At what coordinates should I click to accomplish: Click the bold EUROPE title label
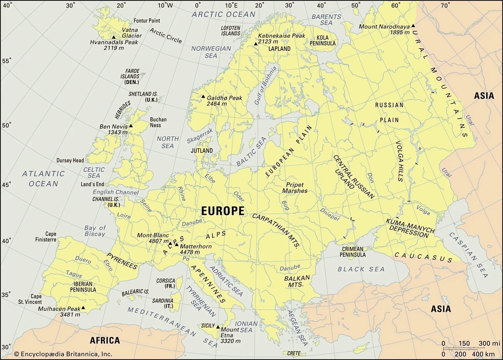tap(223, 211)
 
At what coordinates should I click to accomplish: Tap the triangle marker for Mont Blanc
tap(170, 243)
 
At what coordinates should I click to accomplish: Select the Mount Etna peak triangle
tap(218, 326)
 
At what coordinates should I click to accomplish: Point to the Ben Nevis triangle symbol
tap(131, 126)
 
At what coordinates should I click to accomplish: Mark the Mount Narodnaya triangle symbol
tap(413, 26)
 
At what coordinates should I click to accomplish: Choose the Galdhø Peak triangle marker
tap(203, 97)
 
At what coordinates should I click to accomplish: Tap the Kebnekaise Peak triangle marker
tap(255, 44)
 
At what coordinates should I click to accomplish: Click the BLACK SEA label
tap(355, 269)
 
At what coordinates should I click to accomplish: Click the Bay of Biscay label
tap(95, 231)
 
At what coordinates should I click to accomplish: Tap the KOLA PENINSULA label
tap(323, 40)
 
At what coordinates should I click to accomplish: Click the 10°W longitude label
tap(165, 5)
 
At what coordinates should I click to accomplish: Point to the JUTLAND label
tap(202, 150)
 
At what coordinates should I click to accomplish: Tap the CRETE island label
tap(294, 354)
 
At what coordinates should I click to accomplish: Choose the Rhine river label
tap(181, 194)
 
